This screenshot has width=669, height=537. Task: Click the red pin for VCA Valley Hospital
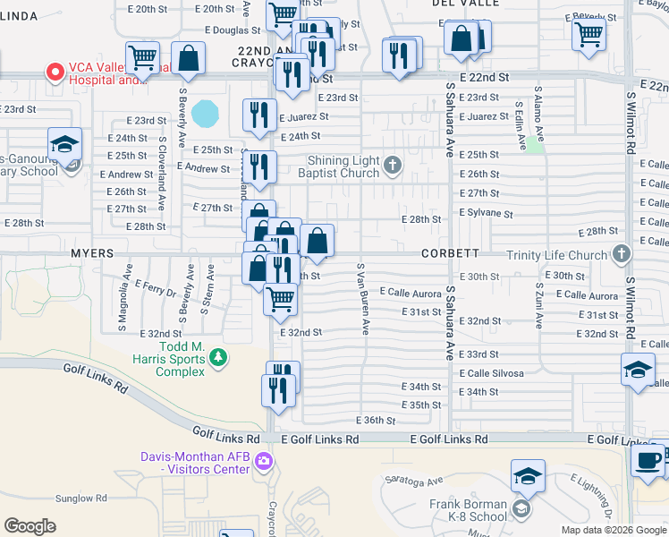tap(55, 71)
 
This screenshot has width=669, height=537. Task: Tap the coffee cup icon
tap(648, 460)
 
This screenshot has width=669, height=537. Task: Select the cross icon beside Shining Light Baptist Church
tap(393, 163)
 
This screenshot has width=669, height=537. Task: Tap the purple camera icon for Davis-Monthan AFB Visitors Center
tap(263, 462)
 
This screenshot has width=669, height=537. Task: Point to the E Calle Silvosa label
tap(492, 373)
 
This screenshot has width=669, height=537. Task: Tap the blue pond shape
tap(206, 114)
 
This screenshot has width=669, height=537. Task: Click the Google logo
tap(30, 526)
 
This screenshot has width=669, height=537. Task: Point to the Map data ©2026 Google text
tap(613, 530)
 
